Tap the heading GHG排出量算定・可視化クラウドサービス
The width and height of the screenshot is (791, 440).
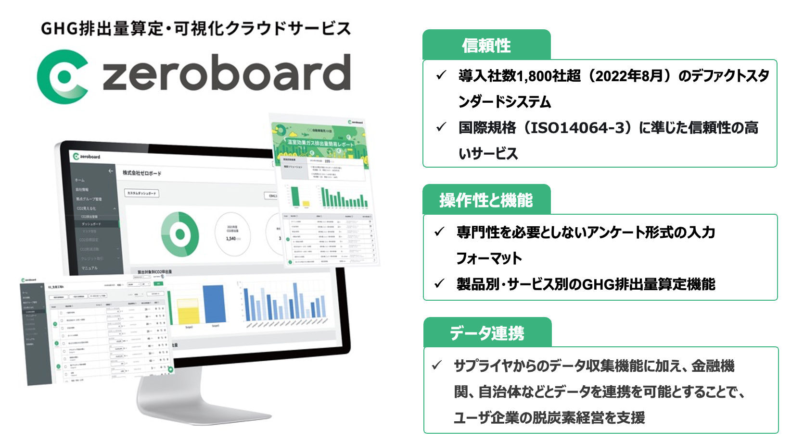pyautogui.click(x=196, y=29)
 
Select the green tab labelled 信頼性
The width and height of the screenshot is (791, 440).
pyautogui.click(x=486, y=46)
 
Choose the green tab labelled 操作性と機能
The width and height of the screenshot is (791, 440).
pyautogui.click(x=486, y=200)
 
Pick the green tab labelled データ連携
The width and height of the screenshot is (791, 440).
pyautogui.click(x=487, y=333)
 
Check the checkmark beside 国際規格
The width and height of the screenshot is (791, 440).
pyautogui.click(x=441, y=127)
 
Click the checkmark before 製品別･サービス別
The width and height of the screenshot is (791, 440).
pyautogui.click(x=439, y=284)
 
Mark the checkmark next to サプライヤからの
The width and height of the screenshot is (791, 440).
pyautogui.click(x=437, y=366)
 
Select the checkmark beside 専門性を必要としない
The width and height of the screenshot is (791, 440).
pyautogui.click(x=439, y=232)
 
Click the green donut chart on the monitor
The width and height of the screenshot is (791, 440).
pyautogui.click(x=180, y=234)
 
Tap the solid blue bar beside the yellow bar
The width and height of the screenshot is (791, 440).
pyautogui.click(x=214, y=304)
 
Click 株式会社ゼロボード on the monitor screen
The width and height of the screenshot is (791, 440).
pyautogui.click(x=142, y=173)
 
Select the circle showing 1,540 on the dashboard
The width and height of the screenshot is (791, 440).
pyautogui.click(x=232, y=234)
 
